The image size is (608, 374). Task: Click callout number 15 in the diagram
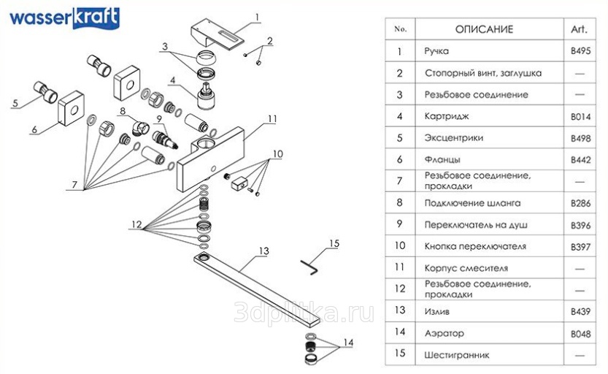pyautogui.click(x=334, y=243)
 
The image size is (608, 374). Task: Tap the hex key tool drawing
pyautogui.click(x=309, y=268)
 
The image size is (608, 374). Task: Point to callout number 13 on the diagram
pyautogui.click(x=264, y=251)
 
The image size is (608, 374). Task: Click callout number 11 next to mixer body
pyautogui.click(x=272, y=118)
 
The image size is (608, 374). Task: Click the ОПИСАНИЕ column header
pyautogui.click(x=484, y=29)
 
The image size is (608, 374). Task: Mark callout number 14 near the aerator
pyautogui.click(x=347, y=343)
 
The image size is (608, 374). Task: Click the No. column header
pyautogui.click(x=399, y=29)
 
